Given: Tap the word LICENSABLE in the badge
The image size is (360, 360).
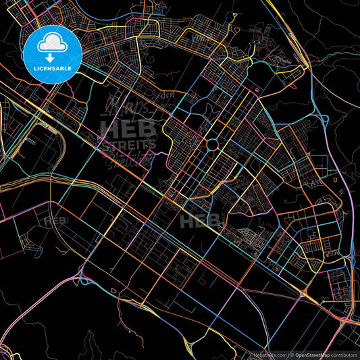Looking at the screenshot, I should (52, 69).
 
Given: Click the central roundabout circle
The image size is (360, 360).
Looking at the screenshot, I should (212, 144).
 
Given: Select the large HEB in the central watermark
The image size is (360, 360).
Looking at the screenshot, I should (128, 129).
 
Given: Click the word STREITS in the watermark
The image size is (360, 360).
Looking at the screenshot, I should (128, 144).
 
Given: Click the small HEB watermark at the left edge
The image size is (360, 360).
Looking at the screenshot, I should (56, 221).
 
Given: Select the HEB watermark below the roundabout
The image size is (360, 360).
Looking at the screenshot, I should (200, 220).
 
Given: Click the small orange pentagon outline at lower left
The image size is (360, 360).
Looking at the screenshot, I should (113, 291).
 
